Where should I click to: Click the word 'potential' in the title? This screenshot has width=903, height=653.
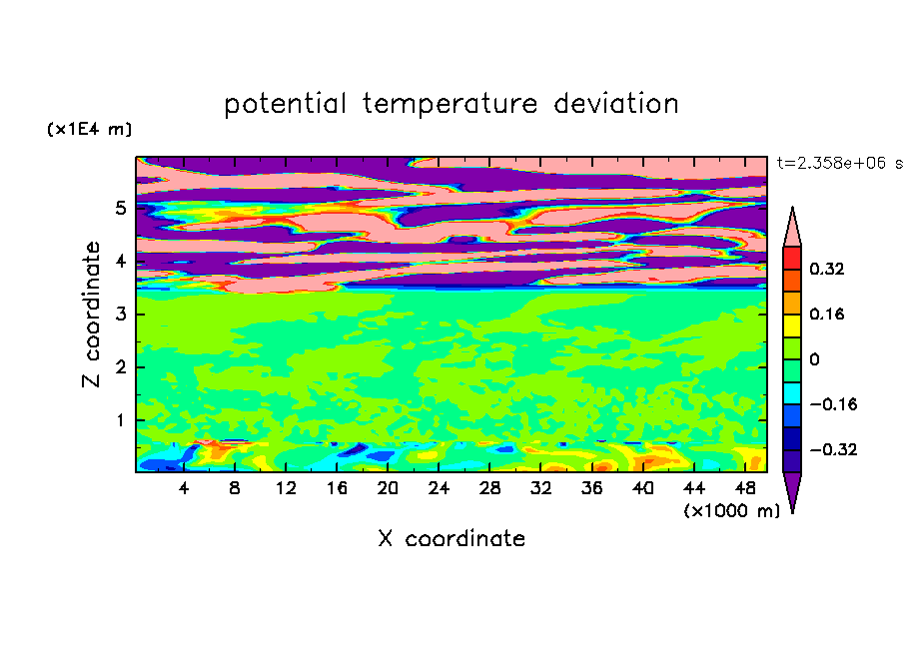[285, 104]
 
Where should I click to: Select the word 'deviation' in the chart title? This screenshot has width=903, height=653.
[616, 104]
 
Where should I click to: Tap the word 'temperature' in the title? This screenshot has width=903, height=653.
[451, 105]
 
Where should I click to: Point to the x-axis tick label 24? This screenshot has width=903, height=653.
[439, 488]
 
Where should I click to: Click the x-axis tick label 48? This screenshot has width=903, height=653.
[744, 488]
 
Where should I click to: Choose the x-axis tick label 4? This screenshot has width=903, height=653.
[183, 488]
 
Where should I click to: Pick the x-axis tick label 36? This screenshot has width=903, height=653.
[591, 488]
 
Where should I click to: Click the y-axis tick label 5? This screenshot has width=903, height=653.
[120, 208]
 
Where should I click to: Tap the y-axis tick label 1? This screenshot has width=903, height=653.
[120, 420]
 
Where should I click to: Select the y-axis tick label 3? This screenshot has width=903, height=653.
[120, 315]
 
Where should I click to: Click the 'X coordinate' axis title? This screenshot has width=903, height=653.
[451, 538]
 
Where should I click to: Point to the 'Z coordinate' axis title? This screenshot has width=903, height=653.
[91, 314]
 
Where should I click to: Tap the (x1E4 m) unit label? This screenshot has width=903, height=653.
[89, 129]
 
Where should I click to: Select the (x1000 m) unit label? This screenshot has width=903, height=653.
[731, 511]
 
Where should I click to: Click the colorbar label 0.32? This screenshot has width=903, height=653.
[826, 269]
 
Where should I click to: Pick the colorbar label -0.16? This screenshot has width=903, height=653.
[833, 404]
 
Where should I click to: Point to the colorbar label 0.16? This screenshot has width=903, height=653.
[826, 314]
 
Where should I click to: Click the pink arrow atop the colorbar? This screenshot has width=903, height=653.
[792, 228]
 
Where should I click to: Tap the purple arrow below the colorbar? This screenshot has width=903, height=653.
[792, 491]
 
